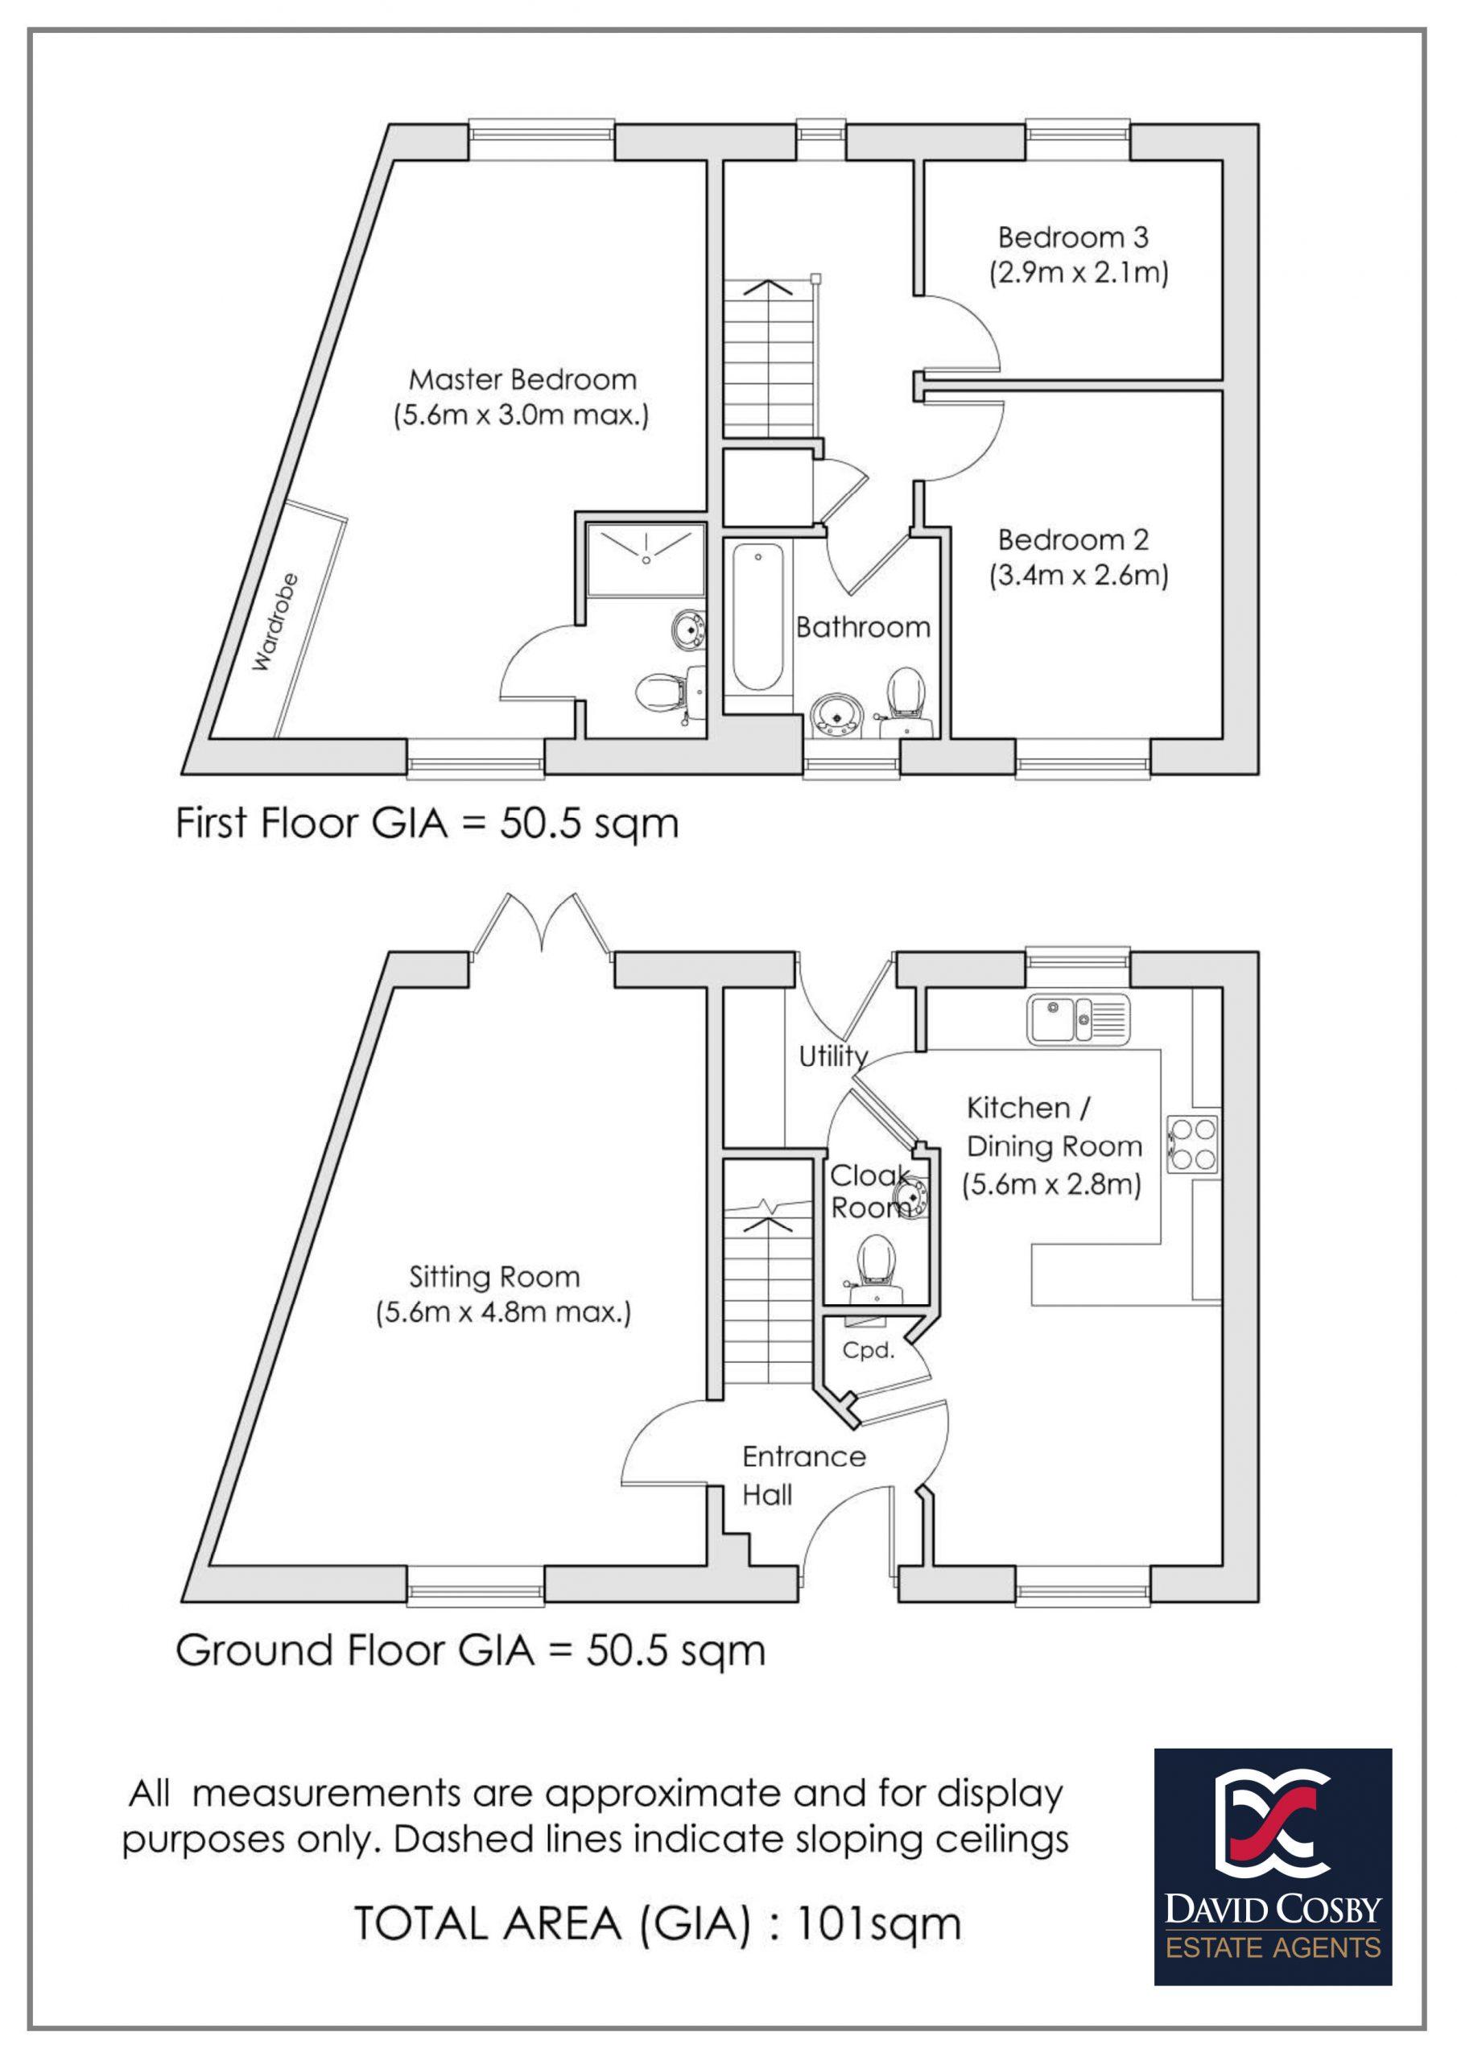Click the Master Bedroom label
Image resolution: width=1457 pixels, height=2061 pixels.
pyautogui.click(x=522, y=380)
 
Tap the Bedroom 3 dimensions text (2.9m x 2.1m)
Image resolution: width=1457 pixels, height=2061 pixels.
pyautogui.click(x=1079, y=273)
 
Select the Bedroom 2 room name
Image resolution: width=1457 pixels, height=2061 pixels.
pyautogui.click(x=1073, y=539)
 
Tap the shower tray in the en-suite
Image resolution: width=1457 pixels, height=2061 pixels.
pyautogui.click(x=645, y=559)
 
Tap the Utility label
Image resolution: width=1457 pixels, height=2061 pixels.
pyautogui.click(x=833, y=1056)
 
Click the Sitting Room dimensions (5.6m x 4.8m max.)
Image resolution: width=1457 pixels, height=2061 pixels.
pyautogui.click(x=503, y=1313)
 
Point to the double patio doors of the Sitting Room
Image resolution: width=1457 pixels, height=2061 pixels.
pyautogui.click(x=543, y=927)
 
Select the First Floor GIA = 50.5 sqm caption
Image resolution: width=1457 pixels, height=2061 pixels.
pyautogui.click(x=427, y=823)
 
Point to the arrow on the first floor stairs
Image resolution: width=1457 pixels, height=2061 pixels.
pyautogui.click(x=769, y=288)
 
